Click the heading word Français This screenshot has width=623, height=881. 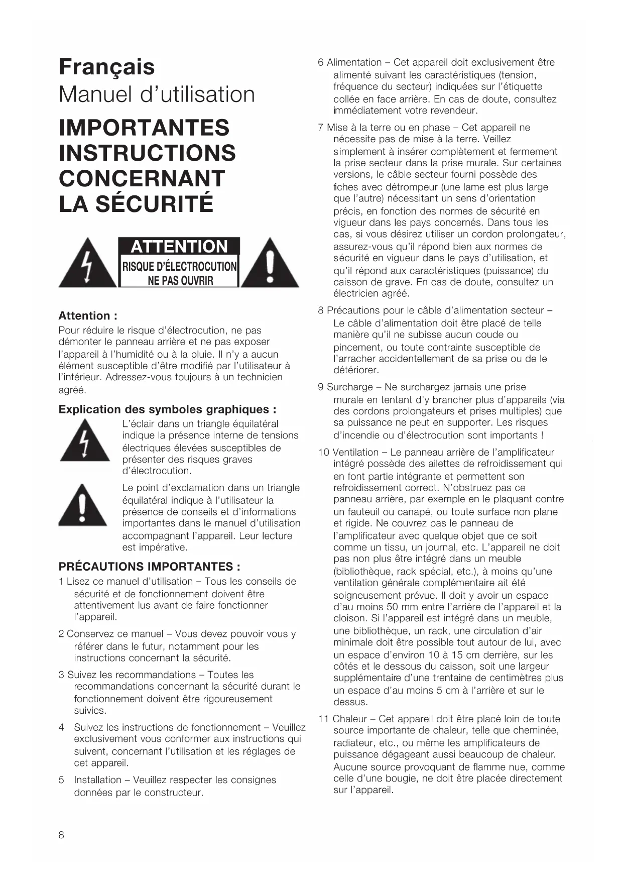(106, 67)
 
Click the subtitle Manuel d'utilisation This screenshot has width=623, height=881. (157, 94)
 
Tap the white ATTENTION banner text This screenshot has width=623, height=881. (179, 247)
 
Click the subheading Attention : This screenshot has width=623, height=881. (88, 316)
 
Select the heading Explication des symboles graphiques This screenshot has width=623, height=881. (167, 409)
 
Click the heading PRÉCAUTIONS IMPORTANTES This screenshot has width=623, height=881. (149, 567)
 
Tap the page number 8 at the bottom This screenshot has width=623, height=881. (61, 835)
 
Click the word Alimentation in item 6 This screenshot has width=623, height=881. (354, 63)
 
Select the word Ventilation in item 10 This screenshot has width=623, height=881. (355, 453)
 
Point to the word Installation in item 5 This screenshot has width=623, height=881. (97, 780)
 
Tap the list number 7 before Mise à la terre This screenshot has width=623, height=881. (320, 128)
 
